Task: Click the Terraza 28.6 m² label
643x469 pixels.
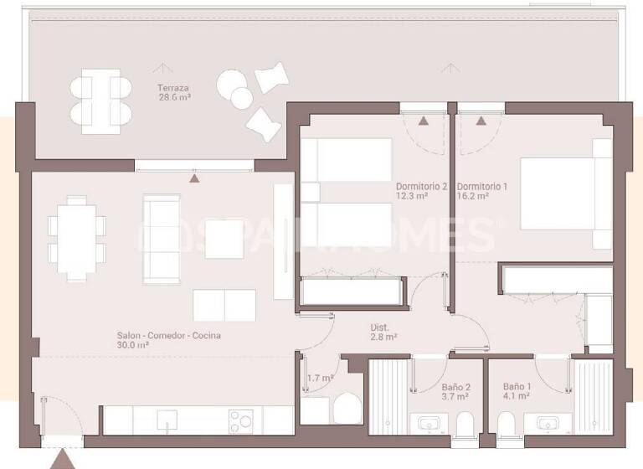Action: (x=174, y=92)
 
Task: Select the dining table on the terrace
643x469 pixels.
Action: (x=100, y=100)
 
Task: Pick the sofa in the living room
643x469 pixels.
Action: (x=161, y=239)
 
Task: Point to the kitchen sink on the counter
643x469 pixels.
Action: (x=164, y=420)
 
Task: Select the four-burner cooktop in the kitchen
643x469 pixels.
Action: (x=241, y=420)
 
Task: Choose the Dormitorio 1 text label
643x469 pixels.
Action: (x=484, y=191)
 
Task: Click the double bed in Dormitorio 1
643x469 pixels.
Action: (x=565, y=194)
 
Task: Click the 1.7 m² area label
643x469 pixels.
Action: (x=320, y=379)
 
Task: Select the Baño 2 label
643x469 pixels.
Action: (x=456, y=392)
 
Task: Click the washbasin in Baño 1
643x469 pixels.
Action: (x=548, y=422)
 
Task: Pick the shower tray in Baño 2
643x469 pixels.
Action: (x=388, y=397)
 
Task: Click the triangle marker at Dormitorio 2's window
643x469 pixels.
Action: (x=424, y=121)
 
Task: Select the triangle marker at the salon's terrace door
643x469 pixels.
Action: (x=195, y=178)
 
